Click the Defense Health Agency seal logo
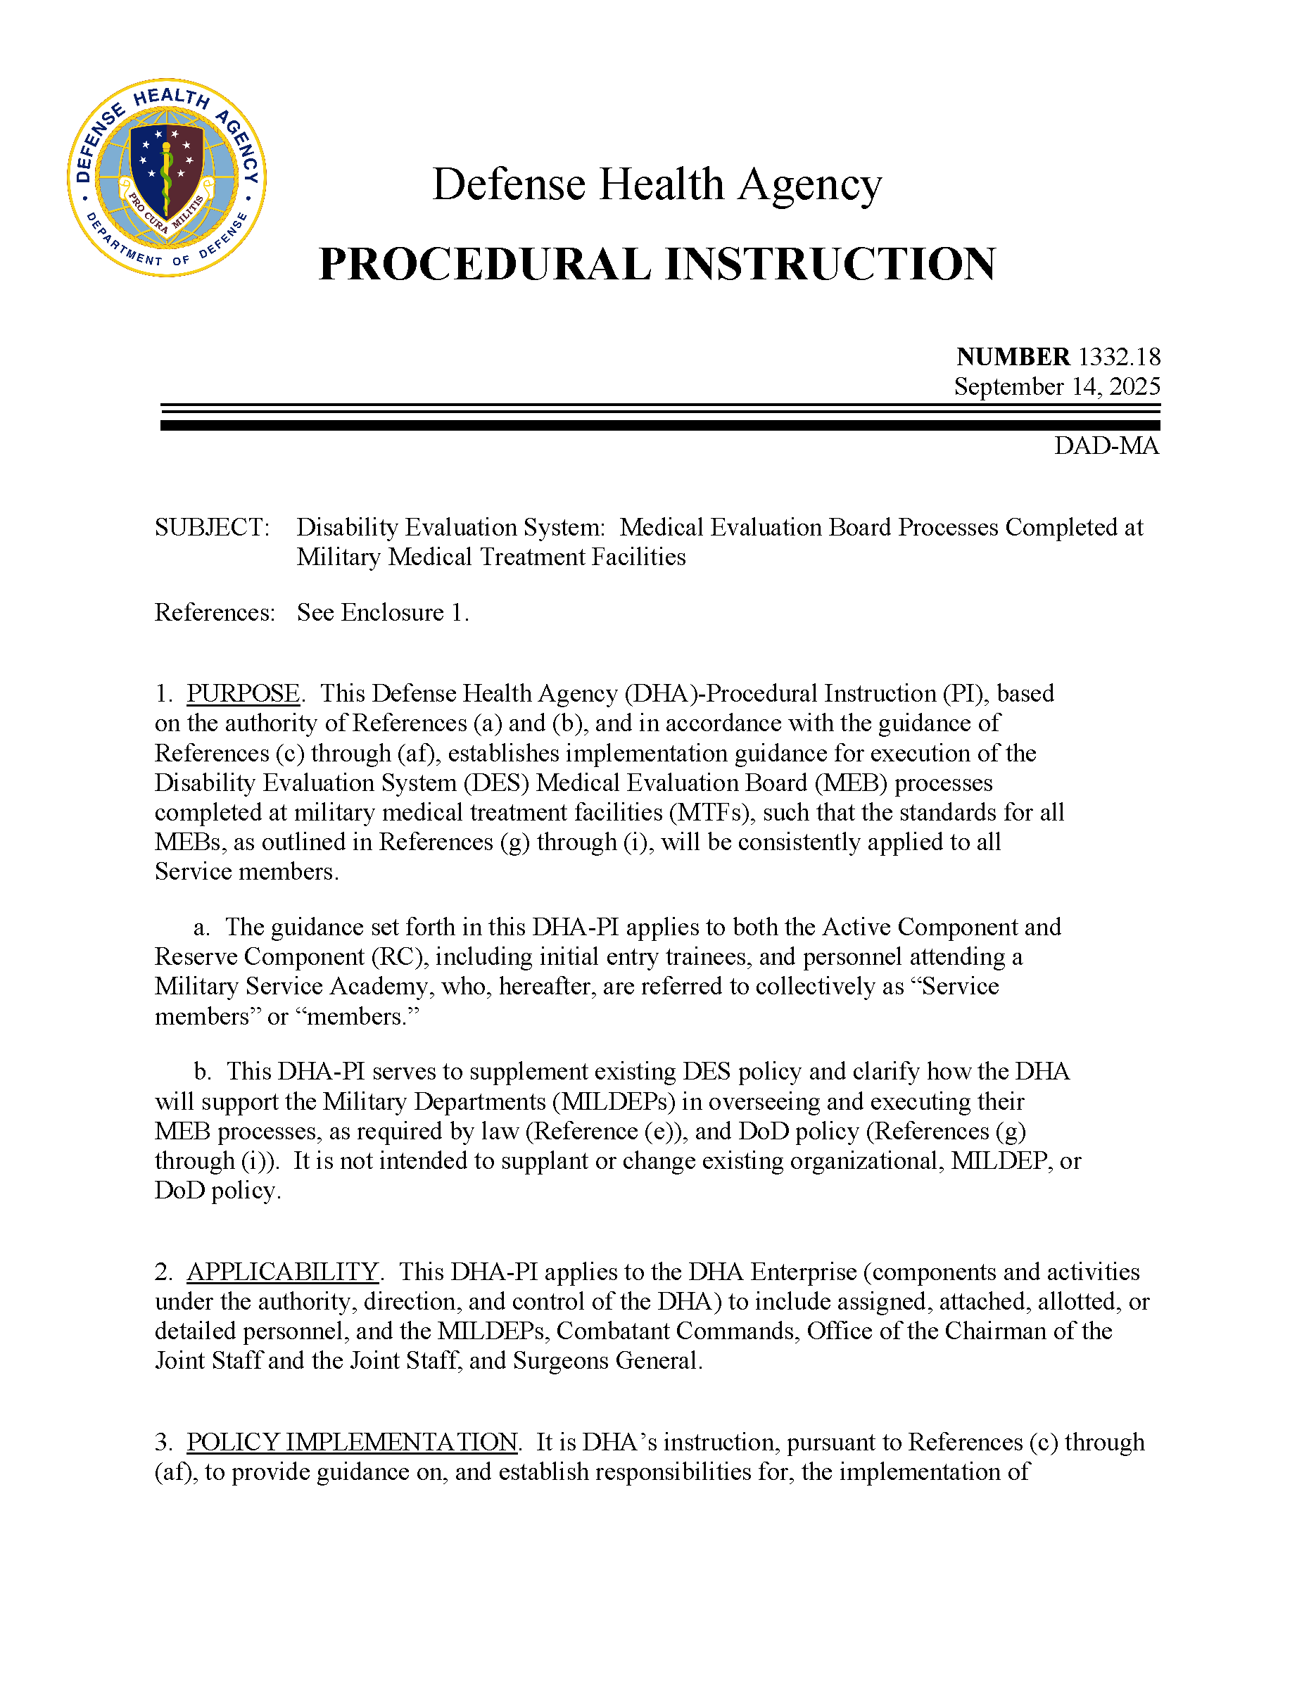(167, 177)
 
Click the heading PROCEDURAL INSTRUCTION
(657, 265)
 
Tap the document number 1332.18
(1119, 356)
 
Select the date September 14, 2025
(1056, 387)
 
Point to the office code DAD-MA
(1106, 446)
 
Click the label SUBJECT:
(212, 527)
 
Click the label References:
(215, 612)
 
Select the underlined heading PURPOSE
(243, 693)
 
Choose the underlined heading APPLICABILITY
(283, 1272)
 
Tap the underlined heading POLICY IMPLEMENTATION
(353, 1442)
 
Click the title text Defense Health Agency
(657, 184)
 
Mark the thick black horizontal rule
(660, 426)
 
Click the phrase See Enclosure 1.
(383, 612)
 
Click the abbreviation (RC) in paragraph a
(399, 957)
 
